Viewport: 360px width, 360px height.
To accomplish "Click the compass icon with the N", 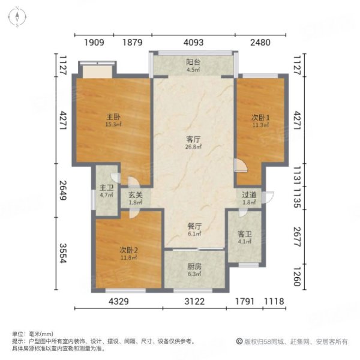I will point(19,17).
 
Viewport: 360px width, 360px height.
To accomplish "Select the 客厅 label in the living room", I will point(193,140).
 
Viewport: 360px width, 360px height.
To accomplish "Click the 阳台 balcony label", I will point(193,61).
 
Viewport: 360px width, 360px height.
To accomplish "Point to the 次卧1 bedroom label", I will point(259,118).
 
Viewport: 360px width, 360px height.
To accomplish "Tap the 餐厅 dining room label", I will point(193,227).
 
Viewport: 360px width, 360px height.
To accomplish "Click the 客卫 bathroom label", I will point(244,235).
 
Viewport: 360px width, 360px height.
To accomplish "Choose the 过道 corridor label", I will point(249,195).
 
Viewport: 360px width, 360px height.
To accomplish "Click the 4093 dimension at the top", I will point(193,42).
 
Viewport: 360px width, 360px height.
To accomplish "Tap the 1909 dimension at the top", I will point(94,42).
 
